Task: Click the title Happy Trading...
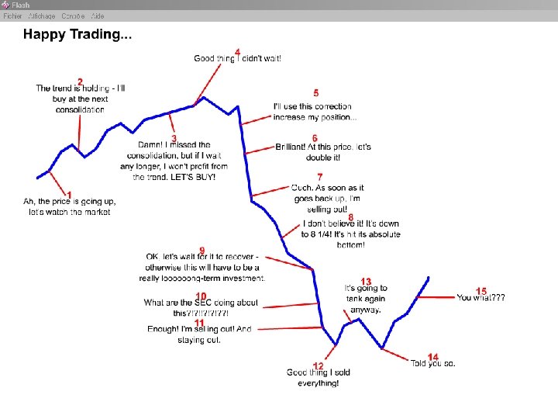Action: pos(77,34)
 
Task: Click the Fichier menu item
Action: pos(12,16)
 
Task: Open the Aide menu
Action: pos(98,16)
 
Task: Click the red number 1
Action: pos(70,194)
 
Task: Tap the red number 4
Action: pos(237,51)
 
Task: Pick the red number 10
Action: pos(201,296)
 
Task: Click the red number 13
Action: pos(366,281)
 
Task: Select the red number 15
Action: pos(481,291)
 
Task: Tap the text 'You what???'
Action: pos(480,298)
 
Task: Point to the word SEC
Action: pos(204,303)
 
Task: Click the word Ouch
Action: pos(301,188)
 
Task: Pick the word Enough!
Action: pos(162,329)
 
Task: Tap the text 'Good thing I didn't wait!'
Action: pos(237,58)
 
